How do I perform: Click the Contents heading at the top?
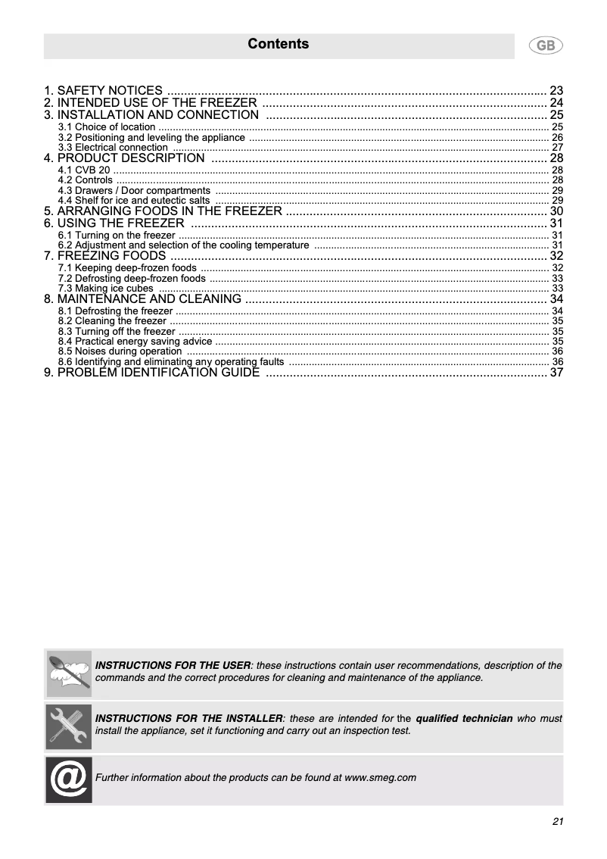coord(278,44)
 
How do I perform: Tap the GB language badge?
coord(545,46)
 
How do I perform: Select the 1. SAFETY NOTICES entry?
coord(103,91)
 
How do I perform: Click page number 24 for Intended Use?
coord(556,103)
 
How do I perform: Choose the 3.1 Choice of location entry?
coord(107,127)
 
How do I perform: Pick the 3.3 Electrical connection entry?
coord(113,148)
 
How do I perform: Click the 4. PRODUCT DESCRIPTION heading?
coord(124,158)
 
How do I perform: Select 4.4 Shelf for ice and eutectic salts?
coord(134,201)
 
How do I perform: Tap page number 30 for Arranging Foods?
coord(556,211)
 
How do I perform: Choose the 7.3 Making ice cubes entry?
coord(106,289)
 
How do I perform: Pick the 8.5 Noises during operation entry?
coord(120,351)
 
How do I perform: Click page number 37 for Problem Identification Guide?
coord(556,373)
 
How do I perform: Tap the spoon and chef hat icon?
coord(69,673)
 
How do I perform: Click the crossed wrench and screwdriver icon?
coord(69,726)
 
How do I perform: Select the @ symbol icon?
coord(69,779)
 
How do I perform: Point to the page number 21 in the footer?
coord(558,823)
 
